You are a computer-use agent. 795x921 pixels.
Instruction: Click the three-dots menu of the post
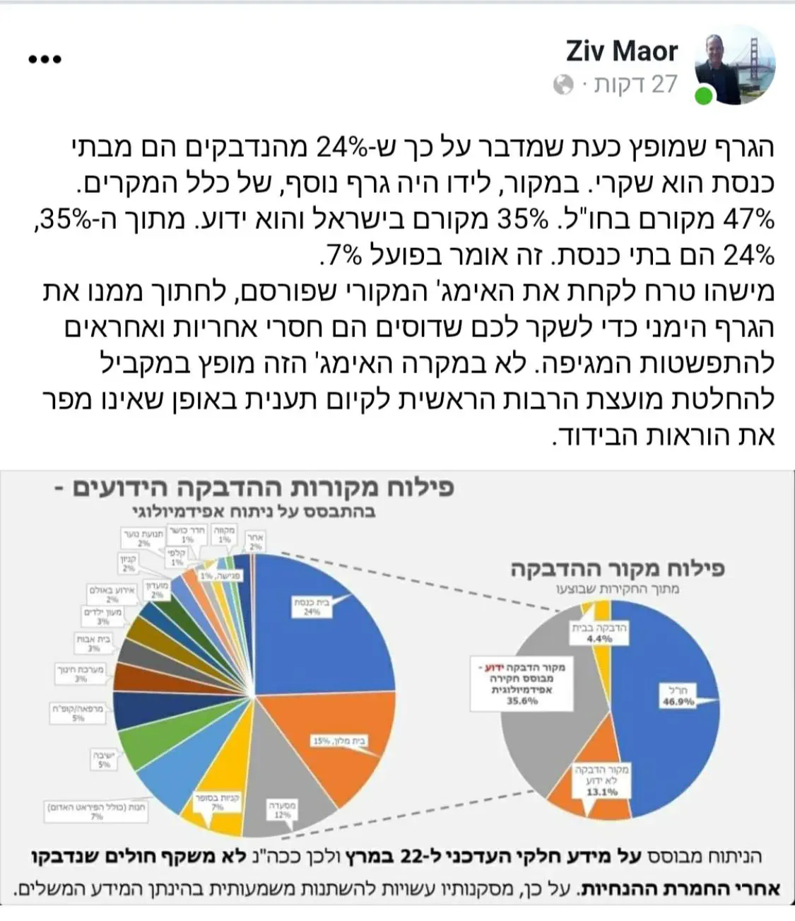click(45, 59)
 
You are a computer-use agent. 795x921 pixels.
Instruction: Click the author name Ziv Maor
click(621, 51)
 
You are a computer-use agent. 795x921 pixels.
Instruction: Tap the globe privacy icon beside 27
click(563, 86)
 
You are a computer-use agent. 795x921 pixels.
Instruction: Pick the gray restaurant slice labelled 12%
click(276, 785)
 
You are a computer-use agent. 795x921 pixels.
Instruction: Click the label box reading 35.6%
click(522, 683)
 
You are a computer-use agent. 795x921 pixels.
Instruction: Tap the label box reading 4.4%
click(599, 633)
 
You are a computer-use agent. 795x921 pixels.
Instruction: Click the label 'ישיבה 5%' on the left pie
click(104, 759)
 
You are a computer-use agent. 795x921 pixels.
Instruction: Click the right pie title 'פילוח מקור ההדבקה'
click(618, 569)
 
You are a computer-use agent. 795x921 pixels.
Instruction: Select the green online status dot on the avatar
click(704, 96)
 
